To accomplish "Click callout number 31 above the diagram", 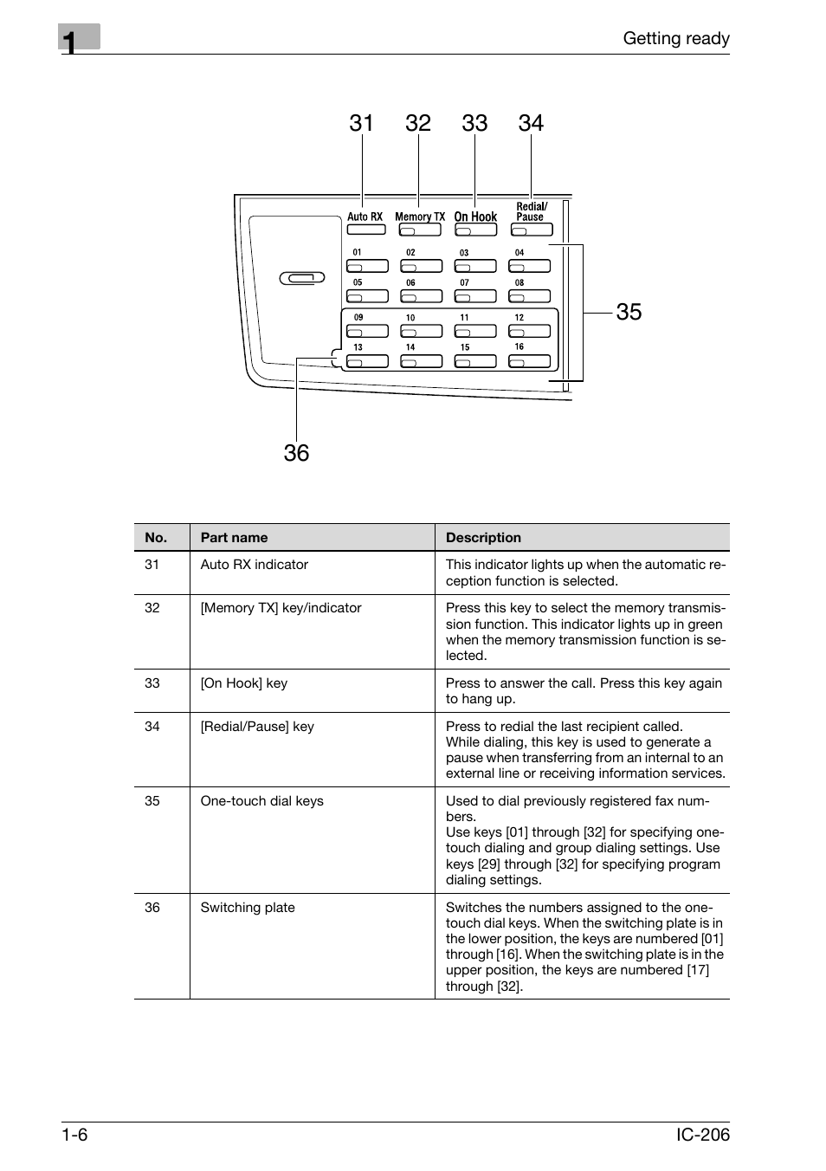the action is click(x=361, y=123).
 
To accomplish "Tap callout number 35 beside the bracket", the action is click(x=629, y=312).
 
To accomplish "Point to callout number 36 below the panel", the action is click(x=296, y=453).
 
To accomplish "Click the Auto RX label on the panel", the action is click(x=365, y=217).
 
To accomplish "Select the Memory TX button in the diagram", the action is click(x=420, y=230).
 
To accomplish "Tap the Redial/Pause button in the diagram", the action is click(x=532, y=230).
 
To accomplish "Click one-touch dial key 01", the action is click(x=367, y=266).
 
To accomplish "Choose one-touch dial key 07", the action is click(x=475, y=296).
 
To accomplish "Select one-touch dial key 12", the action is click(x=529, y=331).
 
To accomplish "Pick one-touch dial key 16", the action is click(x=529, y=361).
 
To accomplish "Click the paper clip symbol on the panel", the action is click(x=302, y=278).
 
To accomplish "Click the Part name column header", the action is click(x=234, y=537).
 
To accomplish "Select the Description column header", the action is click(x=483, y=537).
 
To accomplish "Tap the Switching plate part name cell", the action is click(x=248, y=908).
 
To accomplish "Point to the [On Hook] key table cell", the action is click(x=244, y=683).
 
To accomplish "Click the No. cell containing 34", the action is click(x=152, y=727).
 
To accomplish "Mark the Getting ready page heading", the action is click(x=676, y=39).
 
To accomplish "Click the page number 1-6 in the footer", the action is click(x=74, y=1135).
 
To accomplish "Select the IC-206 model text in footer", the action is click(x=703, y=1135).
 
